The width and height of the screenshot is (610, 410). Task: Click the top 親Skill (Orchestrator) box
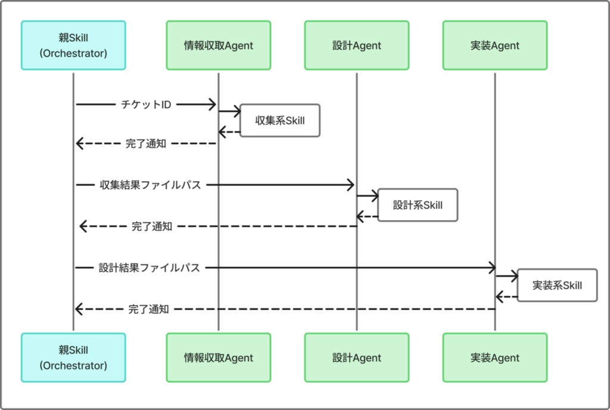tap(73, 45)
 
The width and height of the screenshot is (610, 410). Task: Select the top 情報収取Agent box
tap(219, 45)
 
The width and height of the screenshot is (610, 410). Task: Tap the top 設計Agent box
tap(357, 45)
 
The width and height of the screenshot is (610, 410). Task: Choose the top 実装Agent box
tap(495, 45)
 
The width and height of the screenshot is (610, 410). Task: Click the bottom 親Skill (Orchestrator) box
tap(73, 358)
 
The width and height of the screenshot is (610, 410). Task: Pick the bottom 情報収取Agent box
tap(219, 358)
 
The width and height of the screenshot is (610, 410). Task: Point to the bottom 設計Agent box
tap(357, 358)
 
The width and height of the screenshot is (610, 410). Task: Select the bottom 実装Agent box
tap(495, 358)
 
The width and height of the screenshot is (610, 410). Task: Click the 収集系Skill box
tap(280, 120)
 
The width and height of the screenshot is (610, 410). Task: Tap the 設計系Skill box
tap(418, 205)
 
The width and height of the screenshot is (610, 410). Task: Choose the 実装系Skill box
tap(557, 285)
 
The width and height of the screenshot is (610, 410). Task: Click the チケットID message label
tap(146, 105)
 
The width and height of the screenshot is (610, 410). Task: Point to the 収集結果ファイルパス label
tap(150, 185)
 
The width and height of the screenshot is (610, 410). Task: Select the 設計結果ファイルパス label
tap(150, 268)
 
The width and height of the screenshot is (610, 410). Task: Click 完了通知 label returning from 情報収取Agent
tap(146, 144)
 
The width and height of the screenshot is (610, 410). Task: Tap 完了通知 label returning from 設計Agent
tap(152, 226)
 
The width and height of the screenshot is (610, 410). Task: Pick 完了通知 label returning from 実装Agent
tap(148, 309)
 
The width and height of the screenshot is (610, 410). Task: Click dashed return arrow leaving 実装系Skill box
tap(507, 297)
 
